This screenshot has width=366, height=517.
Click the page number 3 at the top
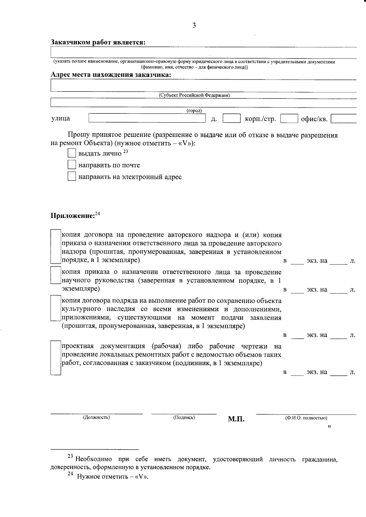click(x=194, y=26)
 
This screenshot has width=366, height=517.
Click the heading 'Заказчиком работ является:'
click(x=98, y=42)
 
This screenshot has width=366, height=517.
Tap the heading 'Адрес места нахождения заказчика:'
click(x=111, y=75)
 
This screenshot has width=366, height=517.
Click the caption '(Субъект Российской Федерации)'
click(x=194, y=95)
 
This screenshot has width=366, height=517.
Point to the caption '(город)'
click(x=194, y=111)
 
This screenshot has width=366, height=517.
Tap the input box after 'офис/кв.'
click(x=344, y=119)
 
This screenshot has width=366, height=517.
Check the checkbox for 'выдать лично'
click(x=72, y=153)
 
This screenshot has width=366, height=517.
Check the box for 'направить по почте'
click(x=72, y=165)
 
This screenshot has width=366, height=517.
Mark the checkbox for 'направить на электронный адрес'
click(x=72, y=176)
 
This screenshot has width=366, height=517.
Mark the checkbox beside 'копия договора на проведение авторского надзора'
click(x=56, y=246)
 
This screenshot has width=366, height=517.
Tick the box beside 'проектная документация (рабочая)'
click(x=56, y=358)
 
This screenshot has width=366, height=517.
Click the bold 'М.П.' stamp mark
click(x=236, y=419)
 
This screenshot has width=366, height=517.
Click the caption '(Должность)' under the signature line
click(x=96, y=417)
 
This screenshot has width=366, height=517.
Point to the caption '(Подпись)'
click(x=184, y=417)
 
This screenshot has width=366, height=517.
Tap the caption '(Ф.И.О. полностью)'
click(x=306, y=418)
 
